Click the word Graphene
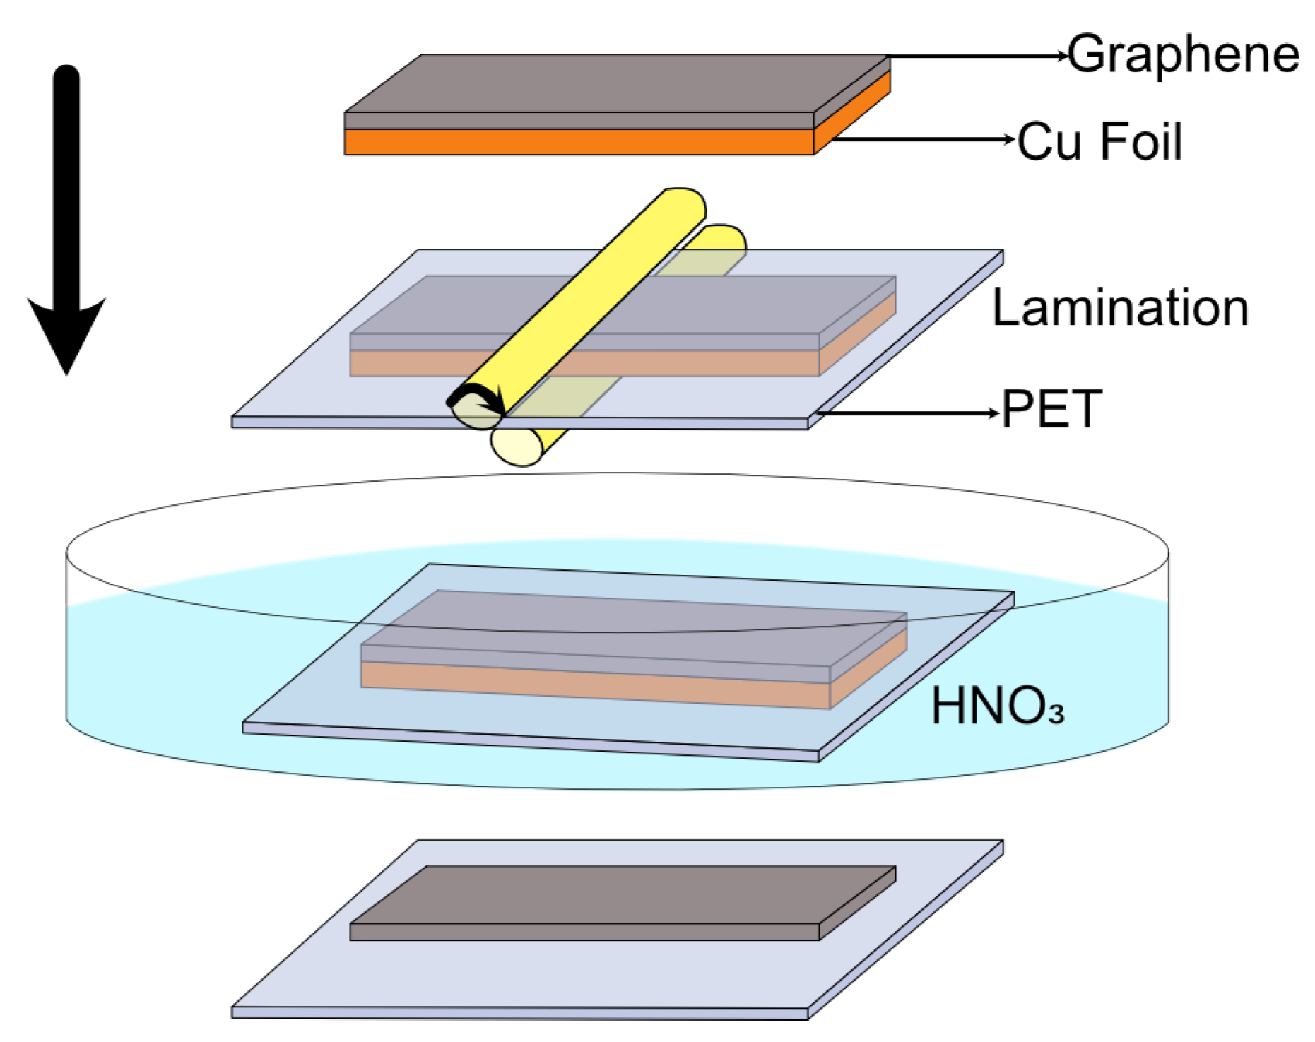1183,54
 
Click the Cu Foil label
1099,141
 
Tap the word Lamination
1120,307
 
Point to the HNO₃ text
997,706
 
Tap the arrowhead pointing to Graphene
1061,55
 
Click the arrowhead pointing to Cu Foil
1010,140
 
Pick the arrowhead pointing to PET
996,413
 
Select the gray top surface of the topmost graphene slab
615,83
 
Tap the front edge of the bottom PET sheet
519,1012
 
